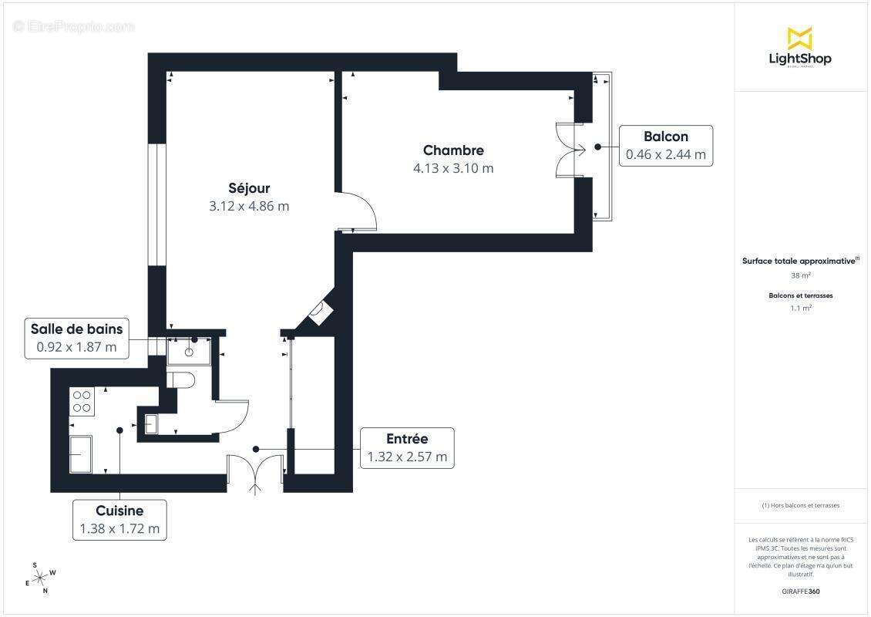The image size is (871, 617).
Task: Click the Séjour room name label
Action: pos(249,188)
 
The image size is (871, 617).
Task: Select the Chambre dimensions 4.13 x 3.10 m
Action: pos(453,168)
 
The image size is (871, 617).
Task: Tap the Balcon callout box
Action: pos(665,145)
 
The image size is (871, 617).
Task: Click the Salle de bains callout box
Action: pos(76,338)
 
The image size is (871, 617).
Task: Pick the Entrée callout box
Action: pos(407,447)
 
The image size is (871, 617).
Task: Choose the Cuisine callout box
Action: pos(119,519)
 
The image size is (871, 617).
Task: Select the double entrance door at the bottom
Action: pos(256,473)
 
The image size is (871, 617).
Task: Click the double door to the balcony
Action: pos(570,150)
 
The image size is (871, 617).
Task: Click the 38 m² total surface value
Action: pos(800,275)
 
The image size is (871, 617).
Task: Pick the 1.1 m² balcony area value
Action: pos(800,308)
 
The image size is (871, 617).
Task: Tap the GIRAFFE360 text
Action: pos(800,592)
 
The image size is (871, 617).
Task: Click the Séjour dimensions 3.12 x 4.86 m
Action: pos(249,206)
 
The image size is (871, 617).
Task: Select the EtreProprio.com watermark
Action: pos(74,26)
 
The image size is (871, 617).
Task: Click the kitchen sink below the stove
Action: pos(81,453)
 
